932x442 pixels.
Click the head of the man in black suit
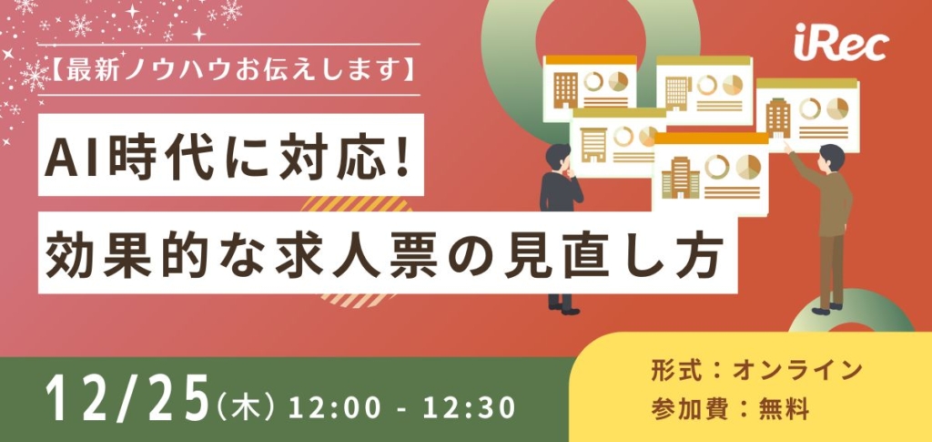click(558, 157)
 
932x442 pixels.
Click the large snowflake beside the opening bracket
click(34, 76)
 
